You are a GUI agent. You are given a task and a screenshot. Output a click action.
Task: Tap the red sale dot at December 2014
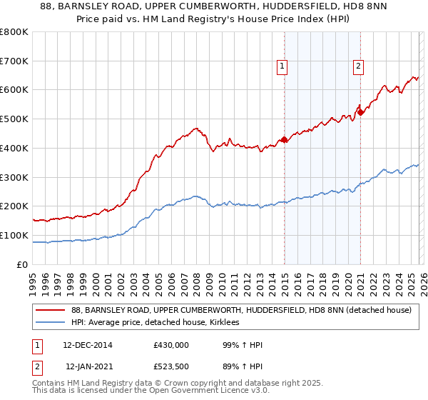(x=285, y=139)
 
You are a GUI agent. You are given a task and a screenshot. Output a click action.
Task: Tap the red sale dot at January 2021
(x=361, y=112)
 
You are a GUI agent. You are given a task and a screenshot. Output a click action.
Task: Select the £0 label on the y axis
(x=23, y=264)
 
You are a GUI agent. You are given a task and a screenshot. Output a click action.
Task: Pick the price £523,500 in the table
(x=171, y=366)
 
